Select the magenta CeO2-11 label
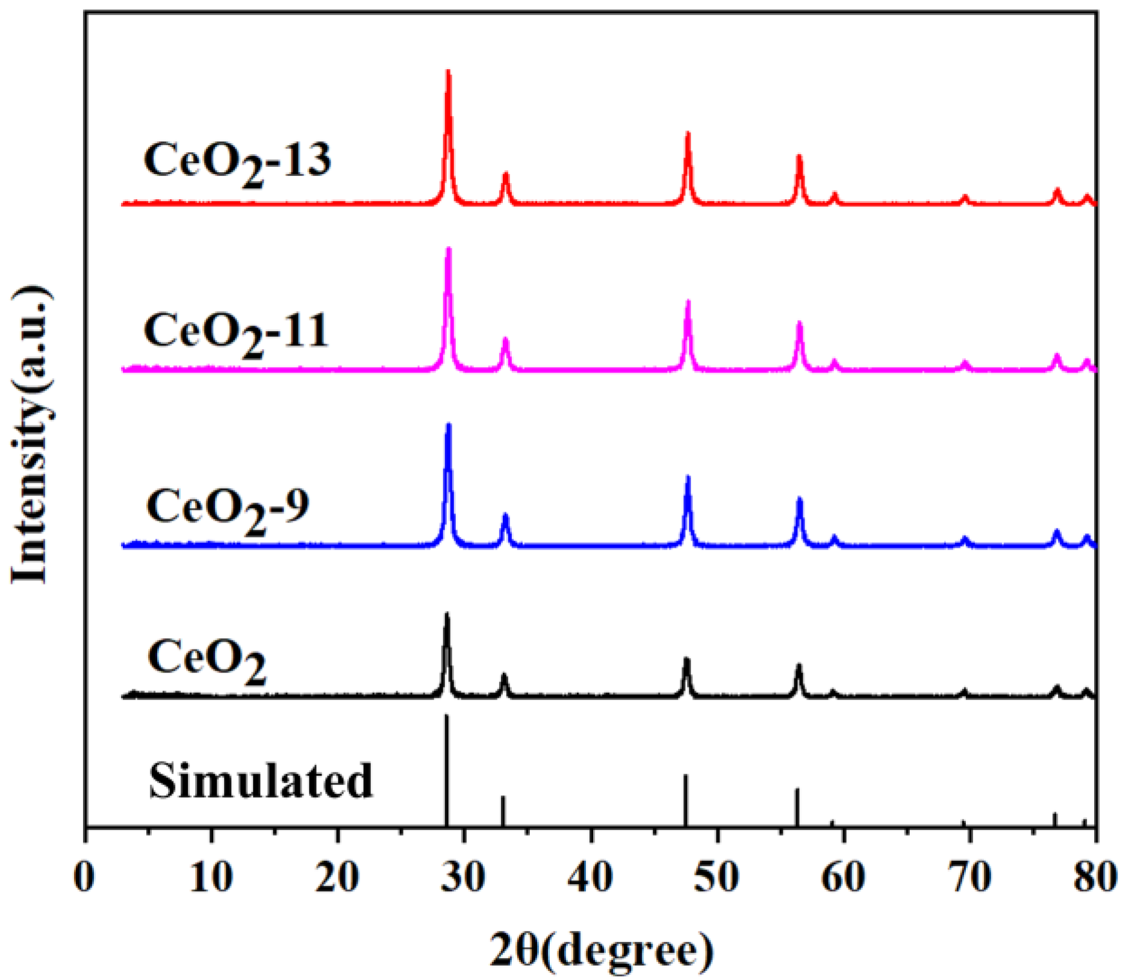[x=236, y=332]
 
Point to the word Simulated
[x=261, y=781]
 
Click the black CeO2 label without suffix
[x=207, y=659]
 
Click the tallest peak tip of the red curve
[x=448, y=72]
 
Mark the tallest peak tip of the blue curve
[x=448, y=426]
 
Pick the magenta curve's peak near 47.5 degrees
[x=688, y=302]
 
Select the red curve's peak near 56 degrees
[x=799, y=157]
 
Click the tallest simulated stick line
[x=446, y=771]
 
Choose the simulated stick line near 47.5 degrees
[x=685, y=801]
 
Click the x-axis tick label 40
[x=591, y=878]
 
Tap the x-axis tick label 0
[x=85, y=878]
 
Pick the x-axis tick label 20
[x=338, y=878]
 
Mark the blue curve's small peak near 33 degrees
[x=505, y=515]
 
